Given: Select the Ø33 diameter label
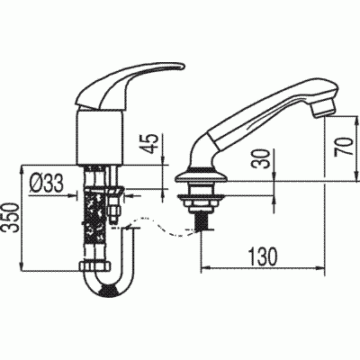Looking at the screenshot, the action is (47, 184).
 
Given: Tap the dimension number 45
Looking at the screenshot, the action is (152, 144).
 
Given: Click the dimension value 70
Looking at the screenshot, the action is (342, 146).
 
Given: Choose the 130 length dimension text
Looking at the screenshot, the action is (263, 257).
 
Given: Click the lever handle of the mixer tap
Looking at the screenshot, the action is (129, 86).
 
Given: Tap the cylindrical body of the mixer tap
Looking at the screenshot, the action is (100, 137).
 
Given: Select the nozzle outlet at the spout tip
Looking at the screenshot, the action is (324, 109).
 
